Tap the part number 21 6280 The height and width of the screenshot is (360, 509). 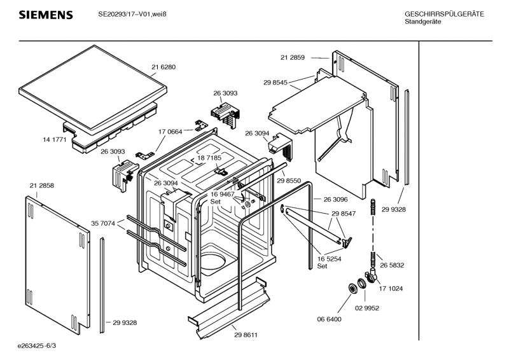[164, 67]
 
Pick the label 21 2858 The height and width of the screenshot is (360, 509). [41, 185]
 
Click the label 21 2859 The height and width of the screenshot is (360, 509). [293, 57]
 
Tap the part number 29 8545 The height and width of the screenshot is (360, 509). [275, 82]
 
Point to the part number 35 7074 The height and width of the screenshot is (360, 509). [103, 223]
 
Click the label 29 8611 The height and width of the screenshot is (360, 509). [246, 335]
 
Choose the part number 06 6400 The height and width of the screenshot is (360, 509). [330, 319]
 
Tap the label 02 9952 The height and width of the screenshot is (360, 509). [367, 308]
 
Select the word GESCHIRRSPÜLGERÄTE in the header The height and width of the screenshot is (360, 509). [444, 14]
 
